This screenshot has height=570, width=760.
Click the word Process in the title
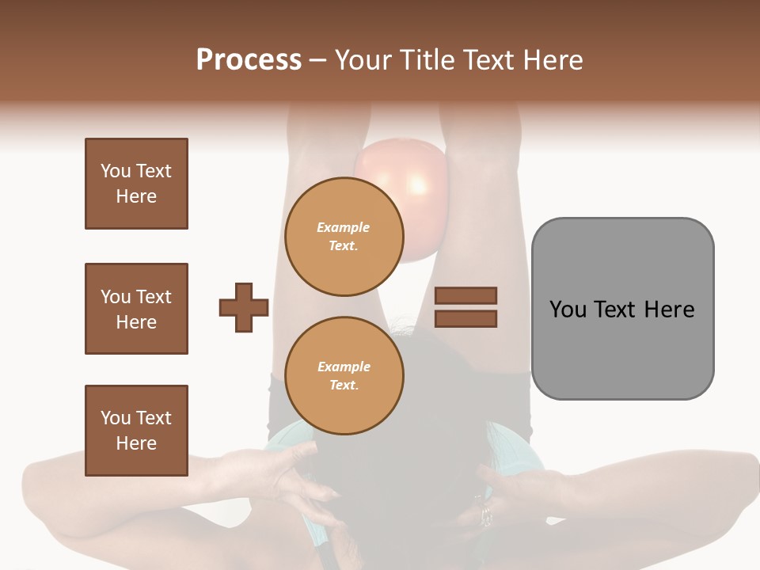click(x=249, y=60)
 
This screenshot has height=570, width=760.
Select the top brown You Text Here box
click(x=136, y=184)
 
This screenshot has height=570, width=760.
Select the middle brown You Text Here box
click(x=136, y=309)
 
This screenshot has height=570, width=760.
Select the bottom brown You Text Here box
click(x=136, y=430)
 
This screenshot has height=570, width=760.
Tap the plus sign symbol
click(x=244, y=307)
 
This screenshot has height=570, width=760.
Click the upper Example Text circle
click(x=344, y=237)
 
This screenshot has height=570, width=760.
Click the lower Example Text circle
click(x=344, y=376)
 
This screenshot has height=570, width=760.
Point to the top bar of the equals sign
click(x=465, y=295)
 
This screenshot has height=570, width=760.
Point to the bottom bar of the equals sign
click(x=465, y=318)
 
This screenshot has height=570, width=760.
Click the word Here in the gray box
click(x=669, y=310)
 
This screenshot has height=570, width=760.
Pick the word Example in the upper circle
click(x=344, y=227)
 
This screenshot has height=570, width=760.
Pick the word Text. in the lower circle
click(x=344, y=386)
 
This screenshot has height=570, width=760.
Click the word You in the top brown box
click(x=116, y=171)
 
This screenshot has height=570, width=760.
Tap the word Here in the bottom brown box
click(x=136, y=443)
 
